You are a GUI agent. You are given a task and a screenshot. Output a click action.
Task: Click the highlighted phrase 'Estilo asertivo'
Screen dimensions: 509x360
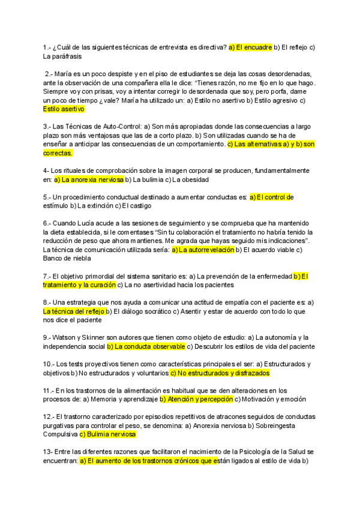[x=64, y=109]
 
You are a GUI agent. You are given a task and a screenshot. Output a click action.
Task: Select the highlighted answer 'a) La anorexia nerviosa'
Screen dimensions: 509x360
[x=89, y=179]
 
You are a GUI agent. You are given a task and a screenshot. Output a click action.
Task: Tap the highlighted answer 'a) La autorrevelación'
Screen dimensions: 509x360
[x=203, y=250]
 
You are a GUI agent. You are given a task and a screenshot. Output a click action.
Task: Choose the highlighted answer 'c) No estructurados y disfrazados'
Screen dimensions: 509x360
[x=220, y=373]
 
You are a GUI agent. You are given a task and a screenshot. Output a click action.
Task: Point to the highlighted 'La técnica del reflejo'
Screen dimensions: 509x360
[x=74, y=312]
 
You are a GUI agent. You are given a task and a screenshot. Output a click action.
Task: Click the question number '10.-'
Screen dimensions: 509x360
[x=50, y=364]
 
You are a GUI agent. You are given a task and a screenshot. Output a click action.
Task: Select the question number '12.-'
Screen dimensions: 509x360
[x=50, y=417]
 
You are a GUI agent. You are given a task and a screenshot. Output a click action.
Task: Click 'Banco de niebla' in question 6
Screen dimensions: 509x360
[x=67, y=259]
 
